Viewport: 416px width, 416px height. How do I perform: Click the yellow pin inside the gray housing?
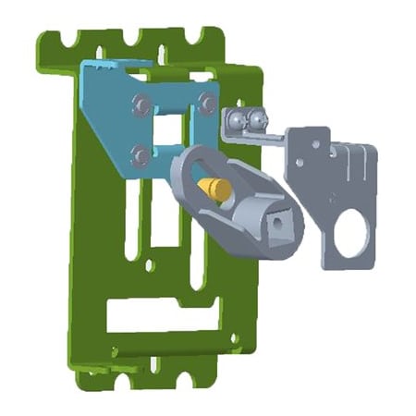point(214,188)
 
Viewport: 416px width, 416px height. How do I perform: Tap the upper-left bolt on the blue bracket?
point(138,104)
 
